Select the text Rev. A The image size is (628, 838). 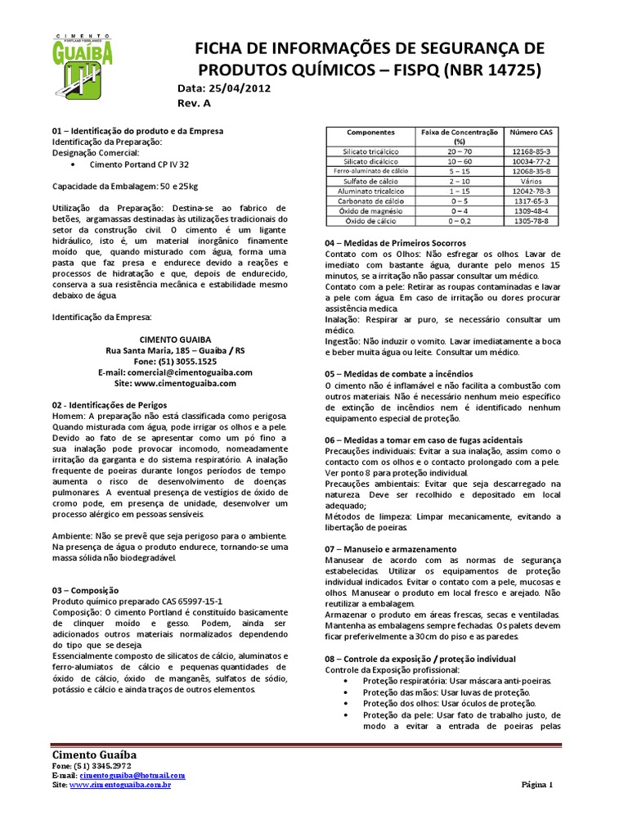point(194,104)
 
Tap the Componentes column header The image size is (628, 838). point(370,132)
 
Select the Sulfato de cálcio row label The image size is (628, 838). point(370,181)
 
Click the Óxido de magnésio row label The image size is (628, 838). point(370,210)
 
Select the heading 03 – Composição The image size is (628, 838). point(86,589)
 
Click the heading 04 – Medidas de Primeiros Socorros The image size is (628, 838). point(396,243)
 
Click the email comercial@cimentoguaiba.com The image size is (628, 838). point(175,372)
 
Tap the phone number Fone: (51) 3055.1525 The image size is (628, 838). point(175,361)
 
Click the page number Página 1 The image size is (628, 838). point(538,784)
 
